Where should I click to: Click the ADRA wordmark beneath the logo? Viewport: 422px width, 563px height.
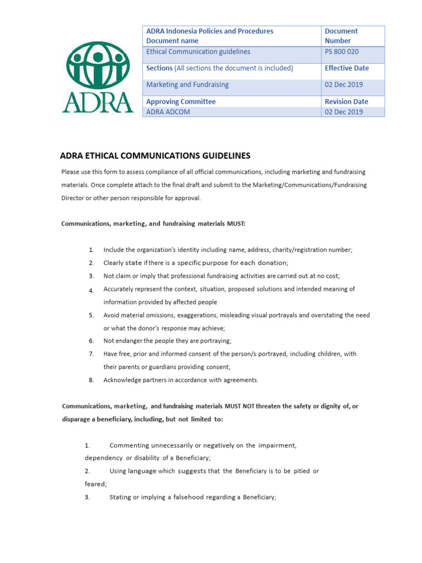pyautogui.click(x=97, y=102)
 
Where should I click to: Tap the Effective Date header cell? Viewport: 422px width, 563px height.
pyautogui.click(x=347, y=68)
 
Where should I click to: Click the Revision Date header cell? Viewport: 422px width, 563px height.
pyautogui.click(x=346, y=102)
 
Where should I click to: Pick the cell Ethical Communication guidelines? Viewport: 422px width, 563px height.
pyautogui.click(x=198, y=52)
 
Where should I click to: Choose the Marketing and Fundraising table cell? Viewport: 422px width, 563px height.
pyautogui.click(x=187, y=85)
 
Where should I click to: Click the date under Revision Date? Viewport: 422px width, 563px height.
pyautogui.click(x=344, y=112)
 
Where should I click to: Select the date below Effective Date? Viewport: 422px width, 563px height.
pyautogui.click(x=344, y=85)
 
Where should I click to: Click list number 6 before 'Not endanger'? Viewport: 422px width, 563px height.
pyautogui.click(x=91, y=341)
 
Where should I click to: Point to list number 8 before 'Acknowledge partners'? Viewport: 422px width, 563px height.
pyautogui.click(x=91, y=380)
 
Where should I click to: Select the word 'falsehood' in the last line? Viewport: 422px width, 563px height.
pyautogui.click(x=186, y=497)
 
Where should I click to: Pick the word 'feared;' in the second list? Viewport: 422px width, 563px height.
pyautogui.click(x=96, y=484)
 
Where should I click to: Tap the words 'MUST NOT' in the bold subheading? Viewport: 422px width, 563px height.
pyautogui.click(x=240, y=406)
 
